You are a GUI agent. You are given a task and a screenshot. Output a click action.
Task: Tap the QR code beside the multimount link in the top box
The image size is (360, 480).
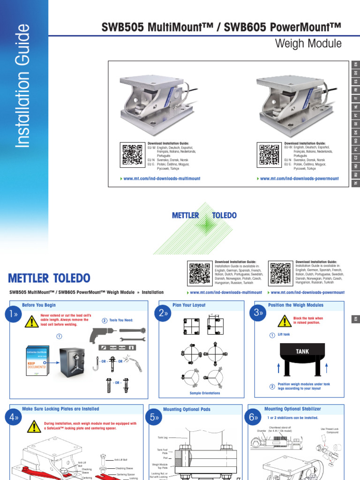point(133,155)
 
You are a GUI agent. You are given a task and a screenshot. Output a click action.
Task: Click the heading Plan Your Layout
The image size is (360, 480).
point(189,305)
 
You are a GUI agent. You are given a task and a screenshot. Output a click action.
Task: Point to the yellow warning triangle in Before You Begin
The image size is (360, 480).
point(32,322)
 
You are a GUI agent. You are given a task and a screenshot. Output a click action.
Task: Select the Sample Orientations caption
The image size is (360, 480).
point(205,393)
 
